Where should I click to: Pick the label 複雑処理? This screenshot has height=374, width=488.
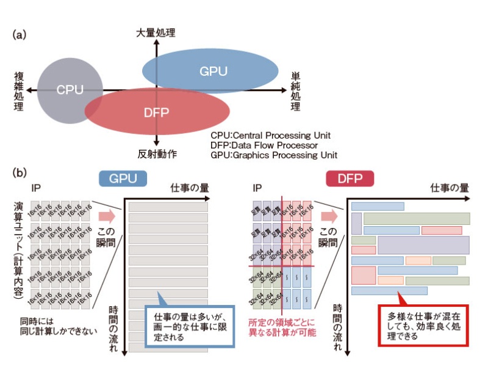click(19, 91)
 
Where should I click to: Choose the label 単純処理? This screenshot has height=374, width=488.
click(295, 91)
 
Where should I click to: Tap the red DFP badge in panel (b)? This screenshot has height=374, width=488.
click(350, 178)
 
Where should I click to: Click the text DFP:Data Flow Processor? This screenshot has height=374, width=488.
click(264, 145)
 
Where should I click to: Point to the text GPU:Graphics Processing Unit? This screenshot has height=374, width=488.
click(274, 155)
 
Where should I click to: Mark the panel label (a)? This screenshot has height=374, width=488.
click(19, 35)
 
